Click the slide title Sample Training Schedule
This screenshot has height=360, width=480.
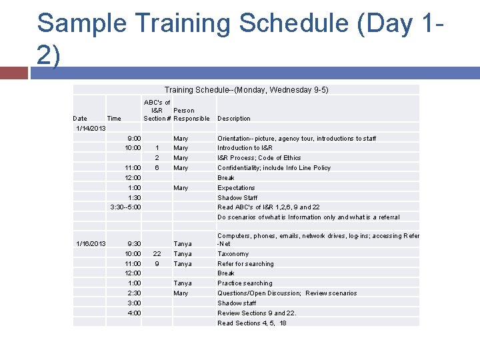point(240,39)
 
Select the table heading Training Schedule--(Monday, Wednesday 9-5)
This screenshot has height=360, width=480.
point(246,90)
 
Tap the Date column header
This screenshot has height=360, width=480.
point(80,119)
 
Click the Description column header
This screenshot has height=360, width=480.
point(234,119)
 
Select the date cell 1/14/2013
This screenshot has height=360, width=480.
point(91,128)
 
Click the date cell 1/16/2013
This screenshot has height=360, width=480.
point(91,244)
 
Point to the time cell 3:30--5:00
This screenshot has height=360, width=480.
point(125,207)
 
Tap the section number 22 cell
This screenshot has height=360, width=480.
point(157,254)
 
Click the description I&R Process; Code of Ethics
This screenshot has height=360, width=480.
point(259,158)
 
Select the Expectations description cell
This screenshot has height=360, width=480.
point(236,188)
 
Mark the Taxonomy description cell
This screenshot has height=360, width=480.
point(233,254)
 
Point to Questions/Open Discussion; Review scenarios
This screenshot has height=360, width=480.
point(287,293)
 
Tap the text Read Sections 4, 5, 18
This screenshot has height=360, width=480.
point(252,323)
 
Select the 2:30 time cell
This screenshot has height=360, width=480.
point(134,293)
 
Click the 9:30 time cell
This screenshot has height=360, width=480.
point(134,244)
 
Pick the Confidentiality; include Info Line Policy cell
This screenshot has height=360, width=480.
point(274,168)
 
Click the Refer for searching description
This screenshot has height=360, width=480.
point(245,264)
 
